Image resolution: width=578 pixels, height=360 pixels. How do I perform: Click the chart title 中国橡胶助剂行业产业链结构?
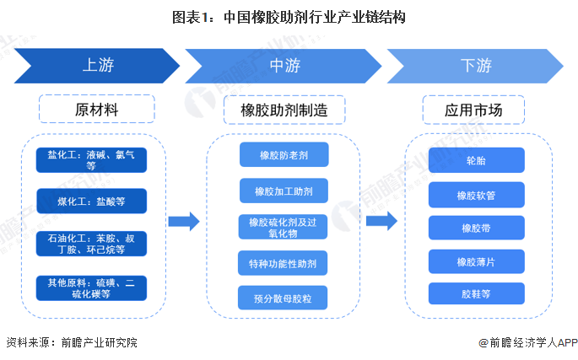tap(289, 17)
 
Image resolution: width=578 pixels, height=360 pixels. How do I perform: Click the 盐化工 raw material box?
tap(91, 159)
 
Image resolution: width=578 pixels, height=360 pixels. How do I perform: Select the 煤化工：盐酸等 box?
tap(91, 201)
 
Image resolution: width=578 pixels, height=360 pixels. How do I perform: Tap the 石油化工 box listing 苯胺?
tap(91, 244)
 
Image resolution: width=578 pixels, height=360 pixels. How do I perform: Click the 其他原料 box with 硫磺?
tap(91, 287)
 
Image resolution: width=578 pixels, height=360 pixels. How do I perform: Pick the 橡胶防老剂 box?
tap(284, 155)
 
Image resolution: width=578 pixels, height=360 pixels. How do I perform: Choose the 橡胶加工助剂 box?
tap(284, 191)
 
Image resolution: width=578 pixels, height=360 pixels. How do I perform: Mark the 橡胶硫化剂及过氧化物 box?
tap(284, 227)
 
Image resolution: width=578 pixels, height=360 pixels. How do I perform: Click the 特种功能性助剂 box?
tap(284, 263)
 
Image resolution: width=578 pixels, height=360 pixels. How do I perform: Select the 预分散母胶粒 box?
tap(284, 298)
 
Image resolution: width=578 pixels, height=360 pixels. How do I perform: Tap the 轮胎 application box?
tap(476, 160)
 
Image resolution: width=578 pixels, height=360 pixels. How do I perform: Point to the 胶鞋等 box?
tap(476, 293)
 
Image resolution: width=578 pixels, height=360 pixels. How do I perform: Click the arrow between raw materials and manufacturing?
tap(183, 222)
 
